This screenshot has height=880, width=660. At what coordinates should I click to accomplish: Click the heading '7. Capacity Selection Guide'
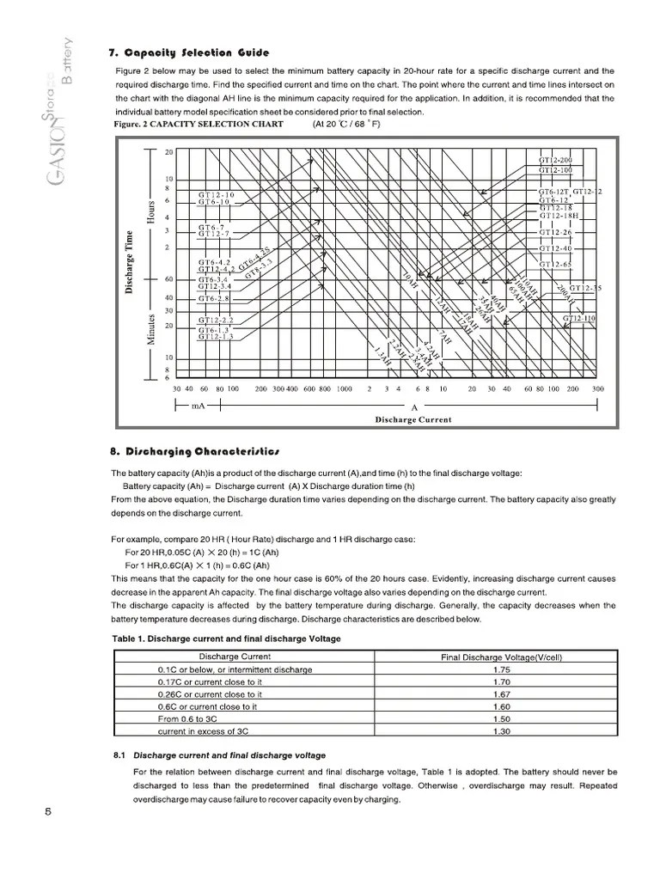pos(189,52)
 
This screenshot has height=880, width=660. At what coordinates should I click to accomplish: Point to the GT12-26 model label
pos(555,232)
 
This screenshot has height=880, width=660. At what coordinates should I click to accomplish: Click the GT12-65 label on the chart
pos(555,264)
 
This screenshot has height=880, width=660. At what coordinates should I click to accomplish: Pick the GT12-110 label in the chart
pos(580,318)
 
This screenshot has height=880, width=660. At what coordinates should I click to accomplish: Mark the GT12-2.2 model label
pos(216,320)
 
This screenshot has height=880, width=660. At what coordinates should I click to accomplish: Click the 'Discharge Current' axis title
pos(412,419)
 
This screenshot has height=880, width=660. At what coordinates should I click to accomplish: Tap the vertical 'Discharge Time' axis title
pos(130,263)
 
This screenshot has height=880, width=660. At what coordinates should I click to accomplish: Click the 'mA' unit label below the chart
pos(198,405)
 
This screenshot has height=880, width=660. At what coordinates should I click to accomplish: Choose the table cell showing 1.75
pos(503,669)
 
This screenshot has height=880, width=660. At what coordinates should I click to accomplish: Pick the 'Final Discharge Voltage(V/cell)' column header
pos(503,657)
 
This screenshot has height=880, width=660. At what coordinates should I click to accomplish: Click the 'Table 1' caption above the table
pos(227,639)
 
